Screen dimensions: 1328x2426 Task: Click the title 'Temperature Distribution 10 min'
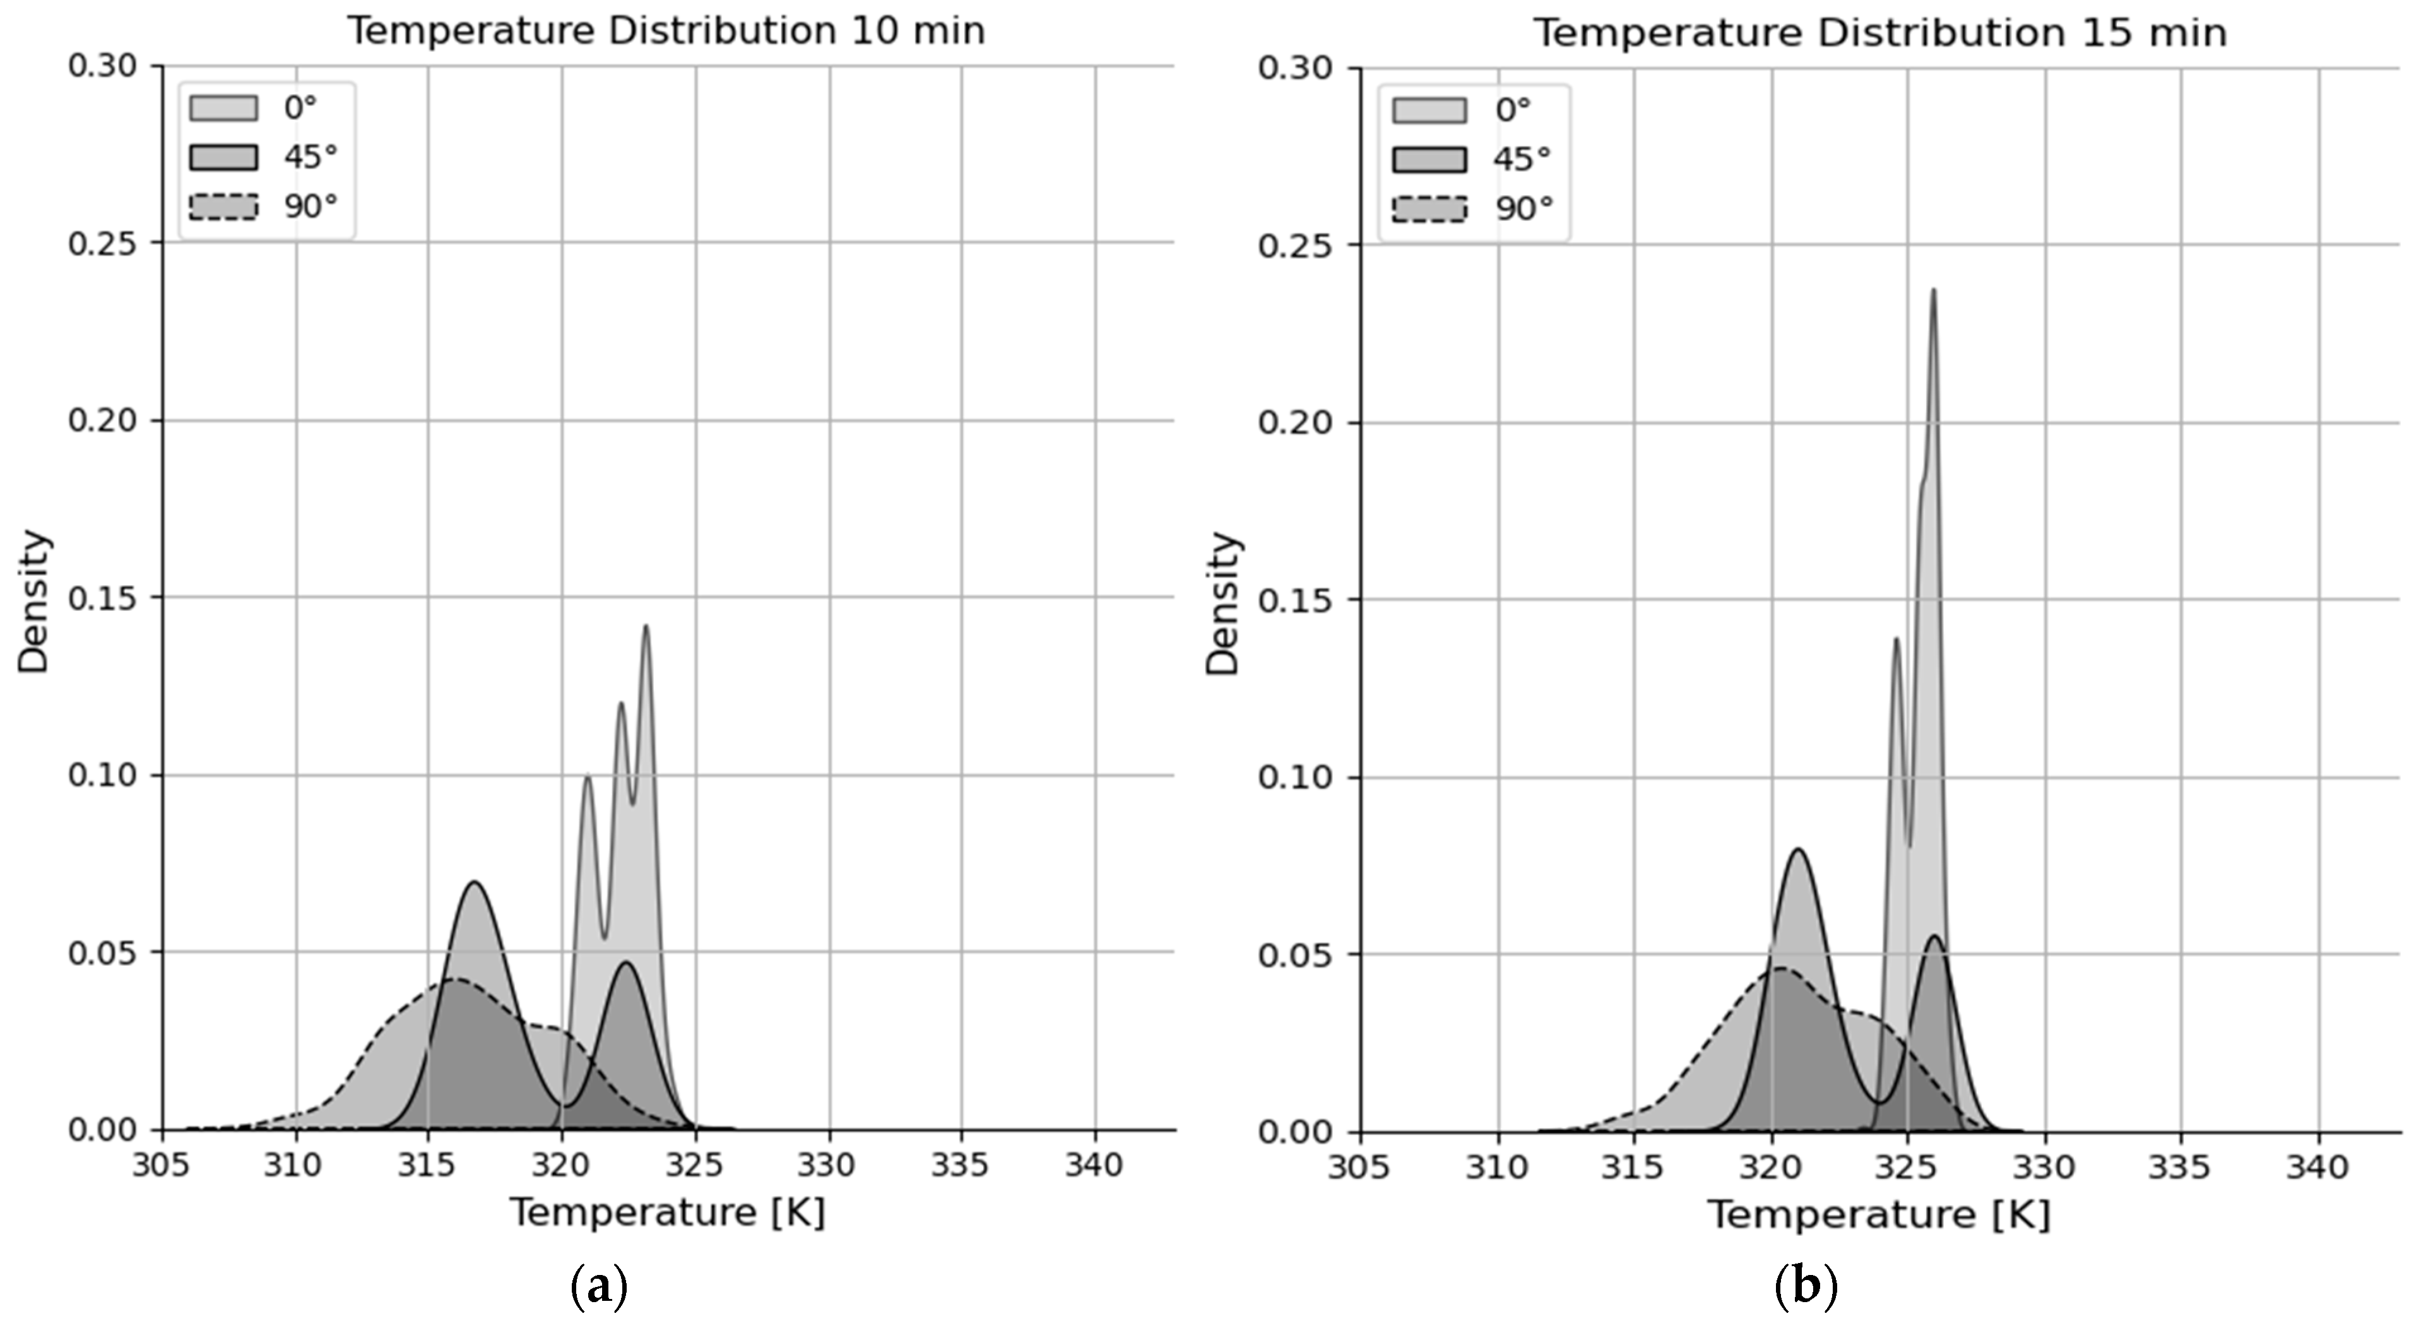(666, 31)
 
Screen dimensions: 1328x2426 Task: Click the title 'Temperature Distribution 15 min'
(1880, 33)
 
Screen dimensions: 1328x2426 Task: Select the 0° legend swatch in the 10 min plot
(223, 107)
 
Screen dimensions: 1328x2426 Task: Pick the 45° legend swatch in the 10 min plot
(223, 157)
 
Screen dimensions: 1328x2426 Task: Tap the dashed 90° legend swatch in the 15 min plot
(1429, 208)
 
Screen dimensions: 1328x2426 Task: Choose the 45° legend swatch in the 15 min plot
(1429, 159)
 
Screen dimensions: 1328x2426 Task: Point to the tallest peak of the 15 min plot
(1934, 291)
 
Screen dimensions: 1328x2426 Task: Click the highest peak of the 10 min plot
(646, 626)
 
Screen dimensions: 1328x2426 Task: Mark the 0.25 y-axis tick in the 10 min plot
(102, 243)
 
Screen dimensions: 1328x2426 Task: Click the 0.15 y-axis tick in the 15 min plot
(1292, 601)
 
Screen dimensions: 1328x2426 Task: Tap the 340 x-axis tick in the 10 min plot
(1094, 1166)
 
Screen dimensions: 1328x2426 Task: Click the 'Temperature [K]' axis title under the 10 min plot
(668, 1212)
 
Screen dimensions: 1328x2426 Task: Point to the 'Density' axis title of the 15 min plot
(1223, 603)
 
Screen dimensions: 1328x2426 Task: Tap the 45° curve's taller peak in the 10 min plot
(474, 882)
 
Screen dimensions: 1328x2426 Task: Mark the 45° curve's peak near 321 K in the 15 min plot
(1799, 850)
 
